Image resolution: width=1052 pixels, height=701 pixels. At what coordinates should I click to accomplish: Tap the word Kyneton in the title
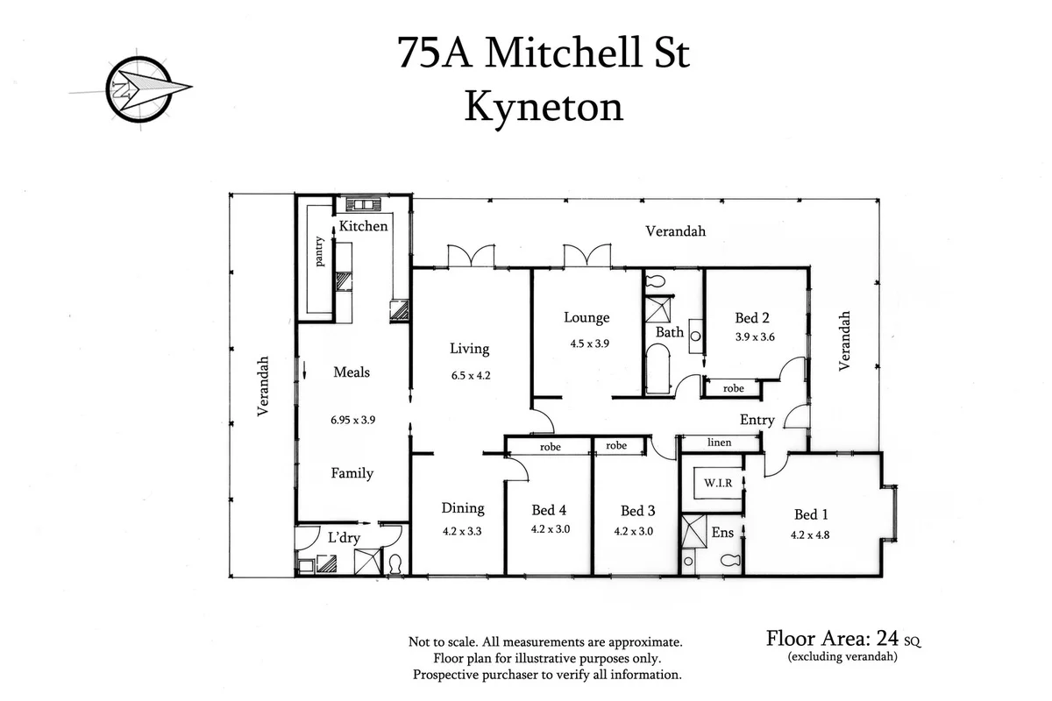point(543,106)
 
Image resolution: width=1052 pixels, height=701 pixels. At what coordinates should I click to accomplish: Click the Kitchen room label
point(363,226)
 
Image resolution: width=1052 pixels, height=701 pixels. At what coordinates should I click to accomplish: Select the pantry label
point(320,254)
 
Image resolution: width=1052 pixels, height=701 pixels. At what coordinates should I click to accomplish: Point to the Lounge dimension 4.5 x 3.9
point(589,343)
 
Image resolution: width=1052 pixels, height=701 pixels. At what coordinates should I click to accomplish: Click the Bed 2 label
point(752,318)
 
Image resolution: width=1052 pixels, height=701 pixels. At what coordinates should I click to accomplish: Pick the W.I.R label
point(712,482)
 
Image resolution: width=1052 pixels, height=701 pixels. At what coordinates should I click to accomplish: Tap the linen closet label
point(719,443)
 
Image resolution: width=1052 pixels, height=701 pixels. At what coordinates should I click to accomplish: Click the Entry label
point(757,420)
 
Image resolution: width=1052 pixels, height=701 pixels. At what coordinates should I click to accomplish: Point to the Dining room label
point(462,508)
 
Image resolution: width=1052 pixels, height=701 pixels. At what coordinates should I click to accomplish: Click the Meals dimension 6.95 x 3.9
point(352,420)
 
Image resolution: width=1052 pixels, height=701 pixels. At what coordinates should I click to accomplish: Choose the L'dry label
point(345,537)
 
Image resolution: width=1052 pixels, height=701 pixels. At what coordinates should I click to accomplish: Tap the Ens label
point(722,532)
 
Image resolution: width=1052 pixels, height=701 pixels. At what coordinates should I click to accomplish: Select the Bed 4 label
point(549,510)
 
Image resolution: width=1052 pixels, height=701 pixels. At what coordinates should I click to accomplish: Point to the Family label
point(352,473)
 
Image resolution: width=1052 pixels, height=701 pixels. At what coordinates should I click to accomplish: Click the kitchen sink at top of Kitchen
point(359,205)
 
